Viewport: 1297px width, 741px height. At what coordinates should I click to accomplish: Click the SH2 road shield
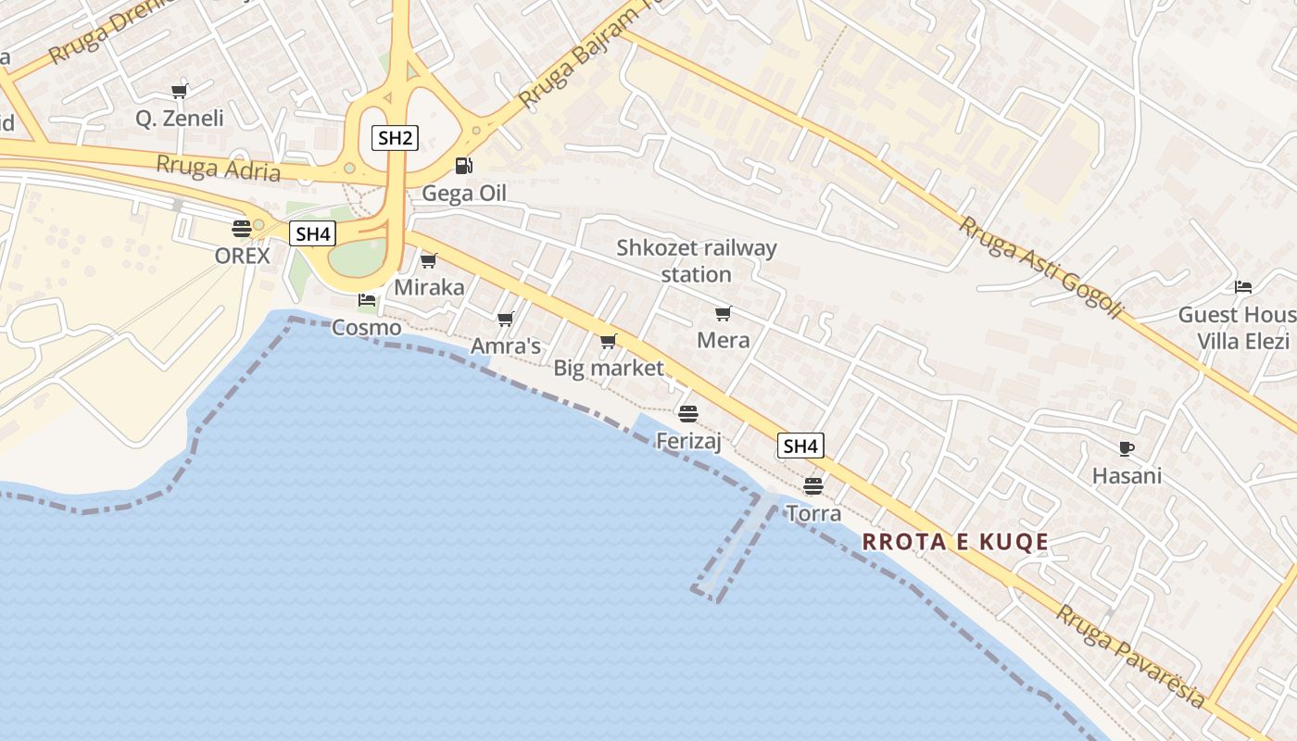[396, 139]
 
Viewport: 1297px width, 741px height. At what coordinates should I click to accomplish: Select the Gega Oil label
[464, 194]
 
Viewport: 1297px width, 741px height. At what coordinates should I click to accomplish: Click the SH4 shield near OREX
[312, 234]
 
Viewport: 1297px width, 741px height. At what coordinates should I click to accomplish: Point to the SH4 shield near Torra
[800, 446]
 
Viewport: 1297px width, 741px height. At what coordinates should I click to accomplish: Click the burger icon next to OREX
[242, 228]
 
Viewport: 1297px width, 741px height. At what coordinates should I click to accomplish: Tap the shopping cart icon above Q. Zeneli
[180, 91]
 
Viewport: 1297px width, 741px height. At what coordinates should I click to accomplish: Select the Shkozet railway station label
[697, 261]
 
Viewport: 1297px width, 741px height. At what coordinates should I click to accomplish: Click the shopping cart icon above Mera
[724, 313]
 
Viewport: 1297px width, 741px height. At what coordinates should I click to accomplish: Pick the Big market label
[609, 368]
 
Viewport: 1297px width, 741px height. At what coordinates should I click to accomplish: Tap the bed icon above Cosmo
[367, 300]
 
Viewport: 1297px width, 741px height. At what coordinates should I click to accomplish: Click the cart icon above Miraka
[429, 260]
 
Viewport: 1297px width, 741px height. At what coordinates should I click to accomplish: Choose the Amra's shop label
[506, 346]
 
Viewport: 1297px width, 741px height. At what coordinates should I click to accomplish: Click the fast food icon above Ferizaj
[687, 413]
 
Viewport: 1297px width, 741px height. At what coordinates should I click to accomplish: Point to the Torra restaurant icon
[813, 485]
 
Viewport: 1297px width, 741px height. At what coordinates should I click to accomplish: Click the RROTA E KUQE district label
[955, 543]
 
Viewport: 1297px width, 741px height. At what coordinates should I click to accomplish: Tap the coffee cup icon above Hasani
[1127, 449]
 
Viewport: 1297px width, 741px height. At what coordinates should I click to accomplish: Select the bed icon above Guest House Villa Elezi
[1243, 287]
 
